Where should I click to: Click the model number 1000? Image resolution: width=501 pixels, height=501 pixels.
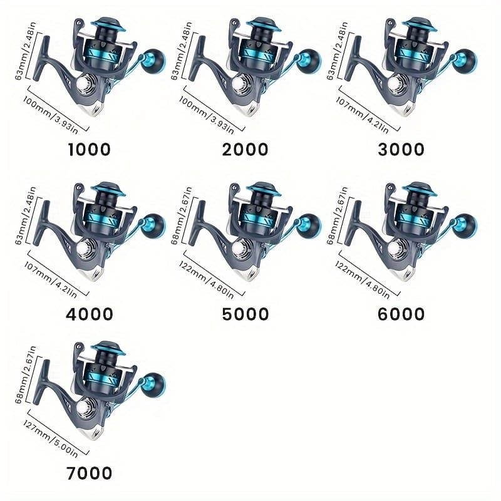tap(89, 149)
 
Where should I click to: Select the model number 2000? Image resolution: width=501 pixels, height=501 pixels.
tap(245, 149)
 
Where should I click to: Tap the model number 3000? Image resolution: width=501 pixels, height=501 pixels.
tap(401, 149)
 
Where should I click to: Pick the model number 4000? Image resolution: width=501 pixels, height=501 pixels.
tap(89, 314)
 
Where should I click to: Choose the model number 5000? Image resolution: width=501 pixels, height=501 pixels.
tap(245, 314)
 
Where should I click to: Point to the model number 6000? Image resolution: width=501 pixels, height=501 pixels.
tap(401, 314)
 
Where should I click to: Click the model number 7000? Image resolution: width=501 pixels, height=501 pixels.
tap(89, 472)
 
